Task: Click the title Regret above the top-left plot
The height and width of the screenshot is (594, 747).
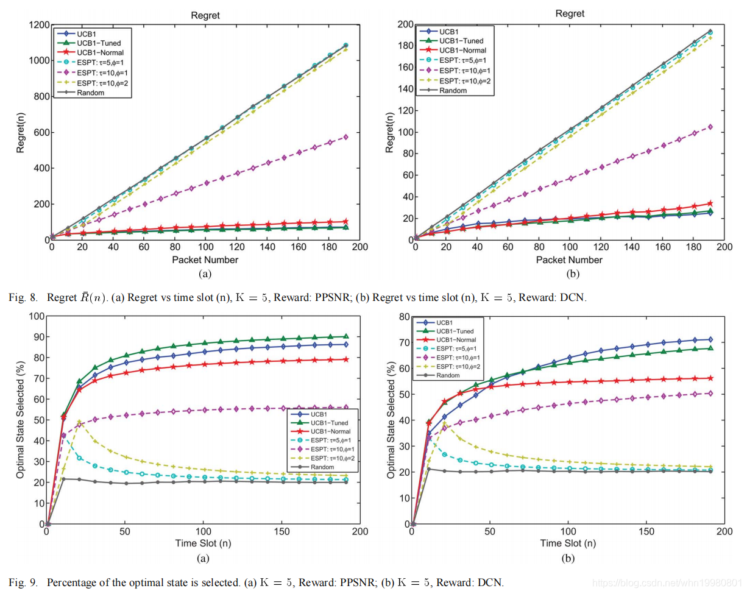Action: click(x=205, y=15)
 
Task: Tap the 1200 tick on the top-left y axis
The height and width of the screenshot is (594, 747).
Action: click(x=38, y=25)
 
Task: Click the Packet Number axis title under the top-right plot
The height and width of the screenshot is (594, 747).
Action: click(x=570, y=260)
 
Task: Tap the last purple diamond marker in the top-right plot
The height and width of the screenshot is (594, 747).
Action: click(x=710, y=127)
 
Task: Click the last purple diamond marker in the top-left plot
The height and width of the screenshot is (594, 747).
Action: click(x=345, y=137)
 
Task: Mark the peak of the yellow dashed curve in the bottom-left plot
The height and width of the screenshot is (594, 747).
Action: click(x=79, y=422)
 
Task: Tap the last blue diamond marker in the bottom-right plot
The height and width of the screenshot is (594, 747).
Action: click(x=710, y=339)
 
